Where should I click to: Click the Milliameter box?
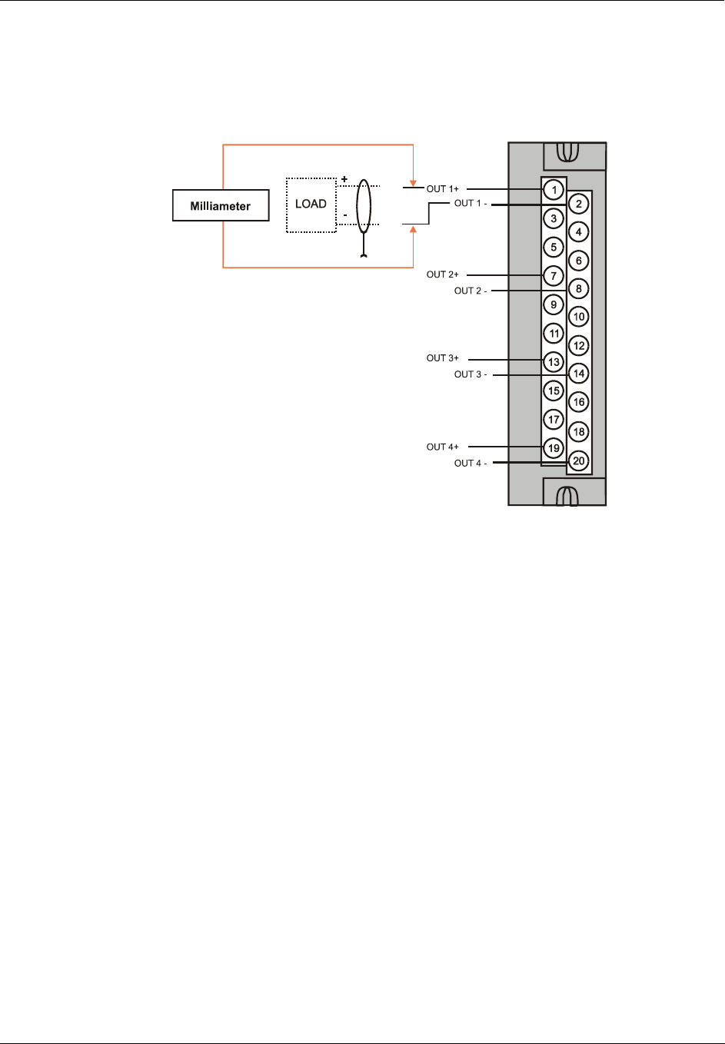tap(221, 205)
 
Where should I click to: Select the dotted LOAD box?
tap(311, 204)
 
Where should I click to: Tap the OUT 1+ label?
tap(443, 189)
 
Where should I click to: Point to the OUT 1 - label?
tap(471, 204)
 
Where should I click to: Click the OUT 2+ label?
tap(443, 274)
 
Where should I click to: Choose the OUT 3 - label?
tap(471, 374)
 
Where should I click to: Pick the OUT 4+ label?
tap(443, 447)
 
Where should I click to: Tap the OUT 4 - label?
tap(471, 463)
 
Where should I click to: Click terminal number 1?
tap(554, 190)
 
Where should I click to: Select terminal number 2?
tap(579, 204)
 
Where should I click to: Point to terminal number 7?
tap(554, 275)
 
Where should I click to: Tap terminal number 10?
tap(579, 317)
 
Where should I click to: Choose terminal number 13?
tap(554, 362)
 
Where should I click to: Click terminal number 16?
tap(579, 402)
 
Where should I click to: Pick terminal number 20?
tap(579, 461)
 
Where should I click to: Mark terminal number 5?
tap(554, 247)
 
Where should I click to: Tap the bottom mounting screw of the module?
tap(567, 495)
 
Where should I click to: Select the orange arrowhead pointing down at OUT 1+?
tap(414, 183)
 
